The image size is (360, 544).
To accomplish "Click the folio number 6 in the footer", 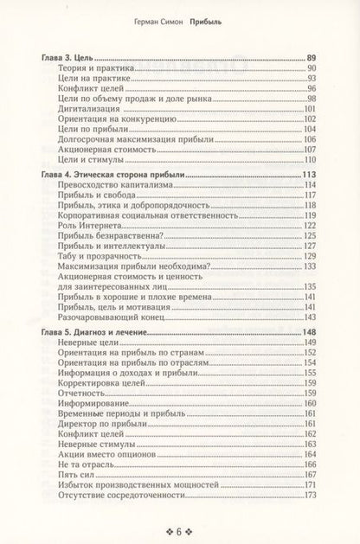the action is point(179,529).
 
